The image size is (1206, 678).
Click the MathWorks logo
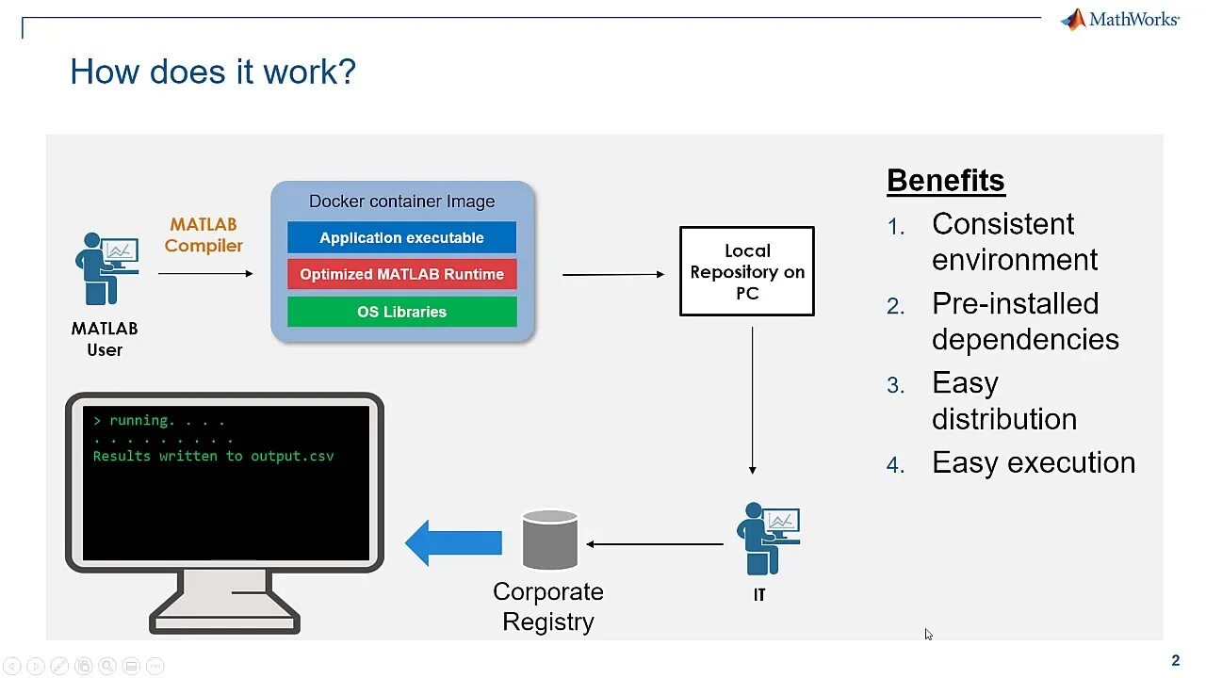[x=1119, y=19]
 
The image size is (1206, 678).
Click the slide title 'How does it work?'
[x=213, y=72]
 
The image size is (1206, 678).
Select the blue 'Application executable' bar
[x=401, y=237]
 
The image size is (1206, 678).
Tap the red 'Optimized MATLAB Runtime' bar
[x=401, y=274]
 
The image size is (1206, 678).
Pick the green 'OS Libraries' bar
[x=401, y=312]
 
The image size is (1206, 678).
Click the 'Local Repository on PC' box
[x=747, y=271]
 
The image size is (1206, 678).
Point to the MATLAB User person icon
[x=106, y=268]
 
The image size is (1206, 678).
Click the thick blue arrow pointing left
[x=454, y=542]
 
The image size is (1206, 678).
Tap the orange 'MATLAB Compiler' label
[x=204, y=235]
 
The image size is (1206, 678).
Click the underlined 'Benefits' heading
[x=946, y=180]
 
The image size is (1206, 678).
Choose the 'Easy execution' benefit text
[x=1034, y=462]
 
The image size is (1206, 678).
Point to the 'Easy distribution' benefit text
[x=1003, y=400]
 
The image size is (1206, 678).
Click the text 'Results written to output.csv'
[x=213, y=456]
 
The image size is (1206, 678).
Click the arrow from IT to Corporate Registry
[x=655, y=543]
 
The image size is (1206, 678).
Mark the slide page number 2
[x=1175, y=660]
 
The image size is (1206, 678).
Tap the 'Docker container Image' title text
[x=401, y=202]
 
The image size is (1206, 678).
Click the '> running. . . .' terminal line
[x=159, y=421]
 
